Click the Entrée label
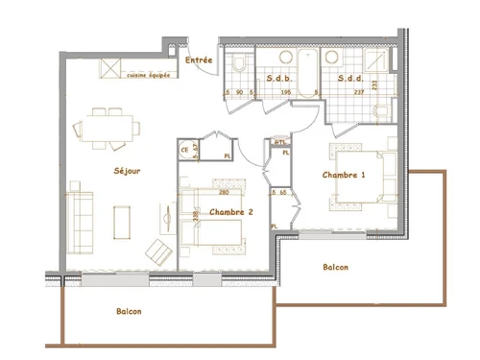[199, 60]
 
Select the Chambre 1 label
[343, 175]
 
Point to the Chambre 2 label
[230, 212]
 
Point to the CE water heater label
[184, 149]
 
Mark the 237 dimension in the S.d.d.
[359, 92]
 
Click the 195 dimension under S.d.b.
[284, 92]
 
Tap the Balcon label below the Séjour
[130, 312]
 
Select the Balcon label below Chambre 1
[335, 268]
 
